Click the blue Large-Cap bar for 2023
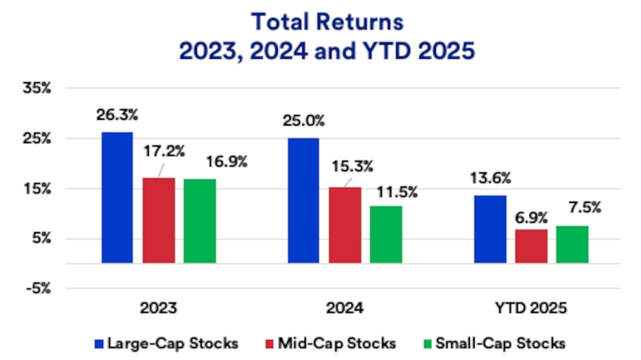coord(117,198)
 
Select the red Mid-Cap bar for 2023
coord(159,220)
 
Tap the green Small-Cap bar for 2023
coord(200,221)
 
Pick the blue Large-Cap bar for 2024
coord(303,201)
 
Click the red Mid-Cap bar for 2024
coord(344,225)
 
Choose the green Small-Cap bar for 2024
coord(386,234)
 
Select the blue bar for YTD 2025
coord(490,229)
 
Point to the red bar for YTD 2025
coord(531,246)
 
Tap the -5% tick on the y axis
coord(37,288)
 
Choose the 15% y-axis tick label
coord(37,188)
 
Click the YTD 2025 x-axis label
coord(531,309)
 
